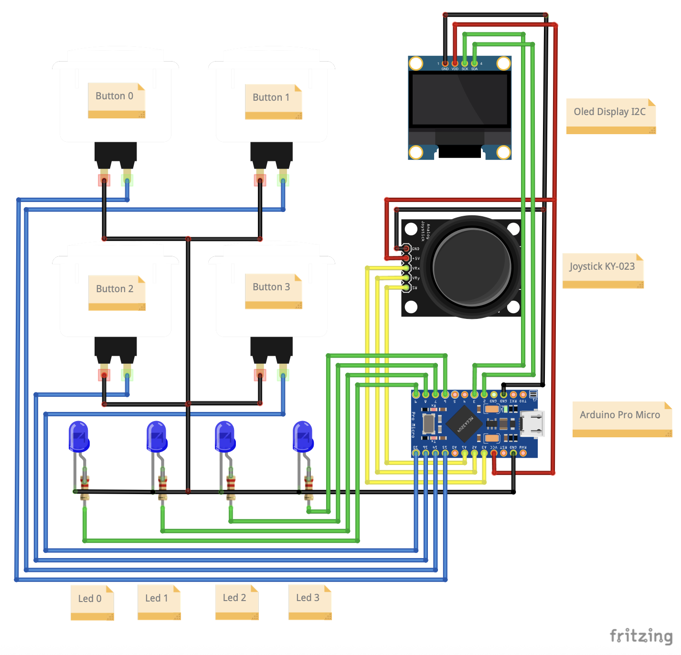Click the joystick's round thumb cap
(x=471, y=267)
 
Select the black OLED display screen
(x=460, y=99)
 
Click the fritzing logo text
(x=640, y=636)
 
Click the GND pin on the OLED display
(x=445, y=63)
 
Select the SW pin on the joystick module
(x=406, y=288)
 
